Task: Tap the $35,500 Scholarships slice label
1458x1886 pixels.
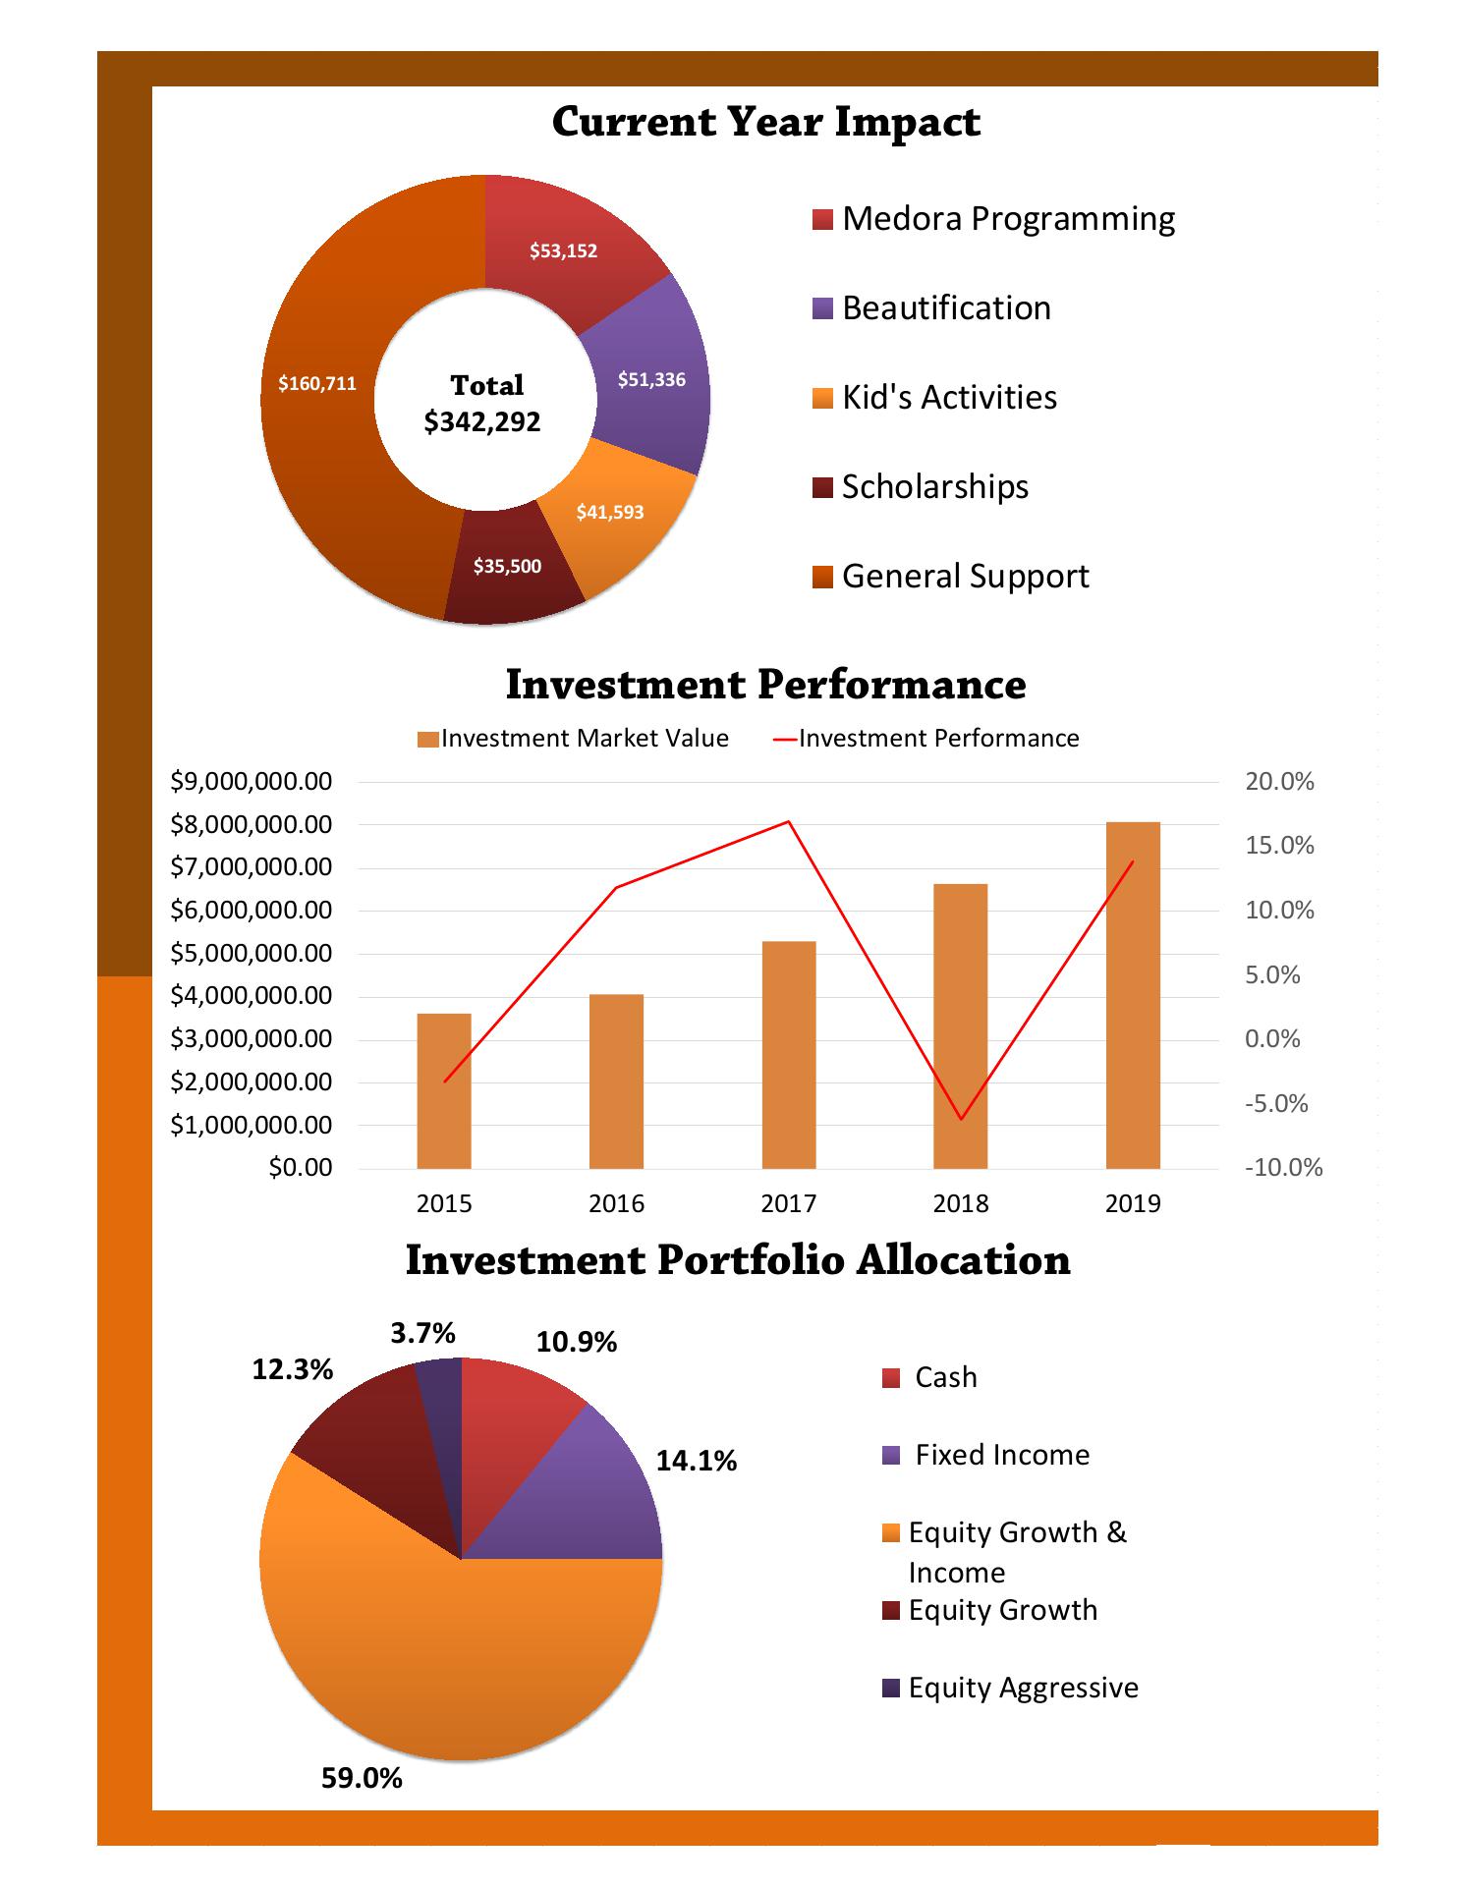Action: point(507,567)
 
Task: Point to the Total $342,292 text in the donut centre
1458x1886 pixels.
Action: point(484,404)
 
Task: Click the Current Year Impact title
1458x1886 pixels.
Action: point(765,122)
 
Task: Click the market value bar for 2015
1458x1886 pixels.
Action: point(444,1090)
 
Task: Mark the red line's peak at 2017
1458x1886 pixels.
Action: point(789,821)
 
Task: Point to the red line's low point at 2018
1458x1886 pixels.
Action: point(961,1119)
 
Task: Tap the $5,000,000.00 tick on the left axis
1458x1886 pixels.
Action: point(252,954)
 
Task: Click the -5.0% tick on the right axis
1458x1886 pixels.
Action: point(1276,1104)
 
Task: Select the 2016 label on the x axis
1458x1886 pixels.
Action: point(616,1204)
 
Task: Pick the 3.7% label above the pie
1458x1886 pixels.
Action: point(422,1333)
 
